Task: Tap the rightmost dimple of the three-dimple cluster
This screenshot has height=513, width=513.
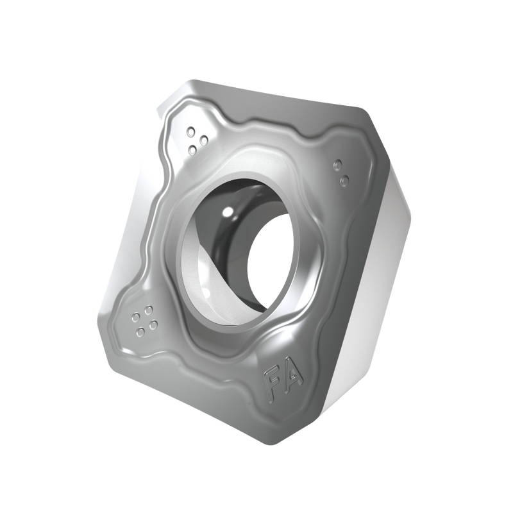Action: (x=204, y=140)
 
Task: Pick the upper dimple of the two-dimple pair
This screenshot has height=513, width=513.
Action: (x=338, y=165)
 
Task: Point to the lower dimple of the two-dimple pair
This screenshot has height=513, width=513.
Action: (x=345, y=180)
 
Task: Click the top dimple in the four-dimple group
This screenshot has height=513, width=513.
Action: (x=149, y=309)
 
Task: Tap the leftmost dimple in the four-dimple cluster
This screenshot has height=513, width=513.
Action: (x=135, y=317)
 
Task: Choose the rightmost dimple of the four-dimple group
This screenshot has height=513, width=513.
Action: (x=153, y=324)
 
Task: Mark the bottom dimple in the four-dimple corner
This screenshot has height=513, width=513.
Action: (x=140, y=333)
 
